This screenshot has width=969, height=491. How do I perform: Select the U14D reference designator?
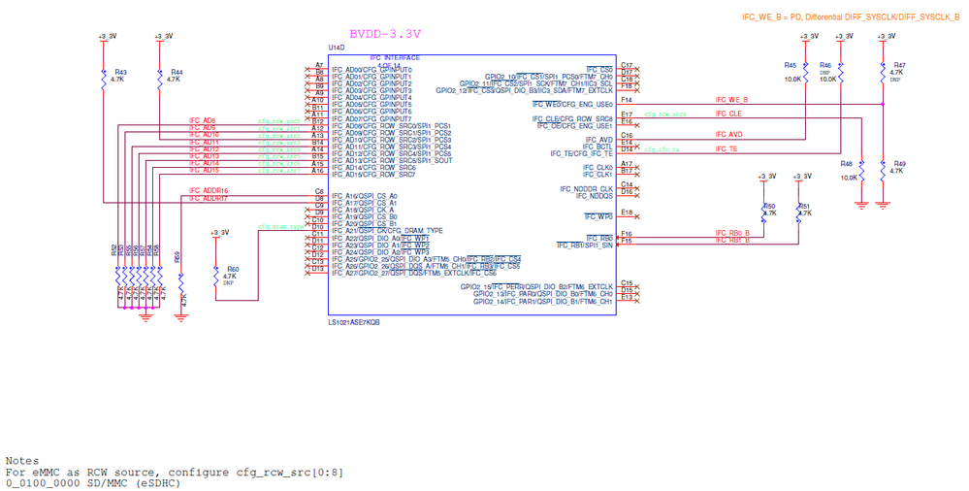[337, 47]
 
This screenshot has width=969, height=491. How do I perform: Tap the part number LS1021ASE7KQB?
[353, 321]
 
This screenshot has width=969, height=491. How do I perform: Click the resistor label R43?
[120, 72]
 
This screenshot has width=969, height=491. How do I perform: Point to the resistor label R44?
[176, 72]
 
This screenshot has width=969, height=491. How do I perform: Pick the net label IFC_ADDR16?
[208, 190]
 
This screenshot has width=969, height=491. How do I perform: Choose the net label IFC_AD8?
[202, 120]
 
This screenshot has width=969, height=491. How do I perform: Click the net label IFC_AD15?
[204, 170]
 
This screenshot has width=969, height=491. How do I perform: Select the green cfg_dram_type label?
[277, 226]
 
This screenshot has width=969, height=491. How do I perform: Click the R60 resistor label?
[232, 269]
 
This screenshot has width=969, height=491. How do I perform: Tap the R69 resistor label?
[177, 258]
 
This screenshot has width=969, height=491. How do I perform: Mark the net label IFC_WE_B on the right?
[731, 99]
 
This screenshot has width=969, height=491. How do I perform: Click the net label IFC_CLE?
[727, 114]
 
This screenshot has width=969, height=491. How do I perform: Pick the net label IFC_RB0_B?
[731, 233]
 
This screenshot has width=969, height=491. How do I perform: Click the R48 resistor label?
[846, 164]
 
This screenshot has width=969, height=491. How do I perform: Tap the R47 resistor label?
[899, 64]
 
